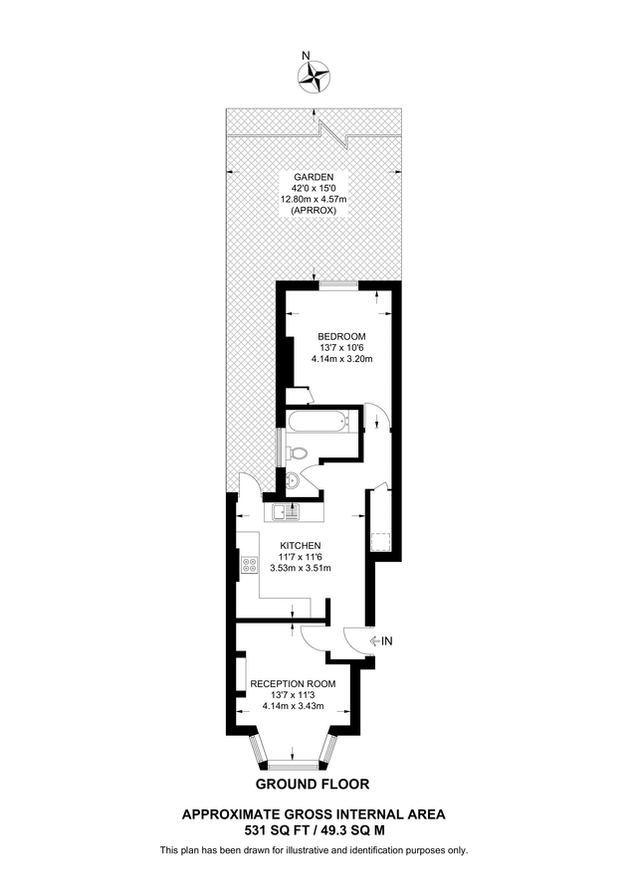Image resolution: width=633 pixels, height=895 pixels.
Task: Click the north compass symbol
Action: click(316, 76)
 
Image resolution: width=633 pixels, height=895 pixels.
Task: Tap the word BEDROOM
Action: click(341, 336)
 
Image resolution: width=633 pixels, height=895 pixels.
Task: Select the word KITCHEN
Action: click(301, 546)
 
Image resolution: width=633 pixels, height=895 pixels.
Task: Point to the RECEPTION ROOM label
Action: click(293, 684)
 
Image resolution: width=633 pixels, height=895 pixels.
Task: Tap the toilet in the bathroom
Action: click(298, 453)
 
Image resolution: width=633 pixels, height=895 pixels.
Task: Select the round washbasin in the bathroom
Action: click(292, 482)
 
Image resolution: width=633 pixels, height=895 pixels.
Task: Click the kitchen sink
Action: click(290, 513)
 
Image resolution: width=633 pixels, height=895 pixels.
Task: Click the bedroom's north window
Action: click(338, 286)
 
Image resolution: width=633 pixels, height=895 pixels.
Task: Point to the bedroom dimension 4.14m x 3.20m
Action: click(341, 359)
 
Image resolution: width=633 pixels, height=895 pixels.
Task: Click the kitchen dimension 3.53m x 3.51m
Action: click(300, 568)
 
